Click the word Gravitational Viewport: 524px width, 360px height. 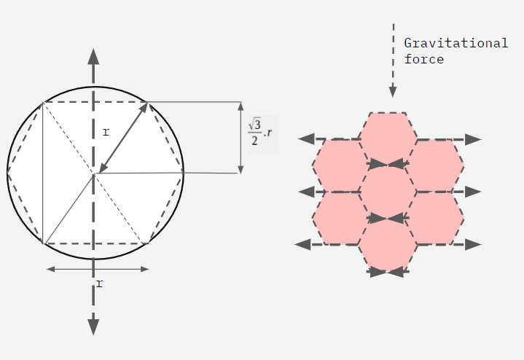[x=455, y=43]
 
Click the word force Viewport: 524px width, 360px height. [x=424, y=60]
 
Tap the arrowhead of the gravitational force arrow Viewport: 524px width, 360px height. [x=393, y=92]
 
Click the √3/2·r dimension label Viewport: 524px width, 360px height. [x=260, y=133]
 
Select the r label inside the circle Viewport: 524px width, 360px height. [x=106, y=133]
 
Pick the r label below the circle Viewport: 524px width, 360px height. [x=99, y=283]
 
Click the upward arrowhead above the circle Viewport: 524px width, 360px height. [x=93, y=56]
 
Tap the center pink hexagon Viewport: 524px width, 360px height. [x=388, y=192]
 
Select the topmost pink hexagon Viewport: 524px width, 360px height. [x=388, y=139]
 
